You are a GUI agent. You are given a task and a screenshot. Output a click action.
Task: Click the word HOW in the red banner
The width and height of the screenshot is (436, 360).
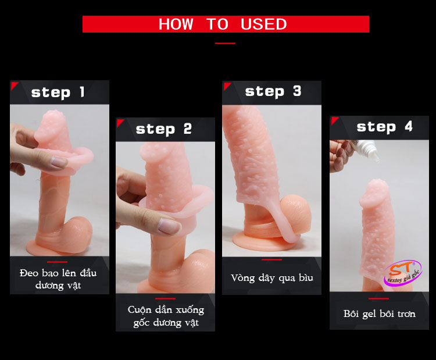coord(176,24)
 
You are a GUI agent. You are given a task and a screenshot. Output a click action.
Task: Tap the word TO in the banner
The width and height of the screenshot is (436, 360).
coord(217,24)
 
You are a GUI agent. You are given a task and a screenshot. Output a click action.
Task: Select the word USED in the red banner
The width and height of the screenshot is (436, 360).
coord(263,24)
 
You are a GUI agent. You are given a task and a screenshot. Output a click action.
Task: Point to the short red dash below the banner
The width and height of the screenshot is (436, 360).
coord(225,44)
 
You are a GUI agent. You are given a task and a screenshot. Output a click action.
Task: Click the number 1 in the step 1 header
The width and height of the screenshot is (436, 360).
coord(82,92)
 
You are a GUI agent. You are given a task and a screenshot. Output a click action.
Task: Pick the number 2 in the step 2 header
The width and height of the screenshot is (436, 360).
coord(188,129)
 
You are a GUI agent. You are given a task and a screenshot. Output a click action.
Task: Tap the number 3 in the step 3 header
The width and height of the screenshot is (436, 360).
coord(297,91)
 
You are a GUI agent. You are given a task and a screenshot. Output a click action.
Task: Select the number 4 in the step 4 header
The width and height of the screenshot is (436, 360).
coord(409,127)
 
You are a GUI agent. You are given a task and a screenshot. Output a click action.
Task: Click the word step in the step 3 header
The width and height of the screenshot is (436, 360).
coord(265,92)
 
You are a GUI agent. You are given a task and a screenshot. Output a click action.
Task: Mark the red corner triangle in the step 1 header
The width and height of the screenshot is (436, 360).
coord(13,85)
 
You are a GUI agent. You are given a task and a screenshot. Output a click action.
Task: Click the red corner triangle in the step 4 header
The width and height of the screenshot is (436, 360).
coord(334,120)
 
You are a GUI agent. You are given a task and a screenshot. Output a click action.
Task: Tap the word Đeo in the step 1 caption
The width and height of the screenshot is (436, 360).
coord(29,273)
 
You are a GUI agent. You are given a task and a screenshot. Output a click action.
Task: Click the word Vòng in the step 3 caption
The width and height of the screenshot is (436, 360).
coord(242,278)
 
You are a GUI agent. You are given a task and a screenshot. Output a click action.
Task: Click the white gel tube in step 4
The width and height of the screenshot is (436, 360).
coord(366,150)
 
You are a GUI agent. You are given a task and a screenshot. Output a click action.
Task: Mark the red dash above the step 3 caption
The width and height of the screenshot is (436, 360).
coord(271,260)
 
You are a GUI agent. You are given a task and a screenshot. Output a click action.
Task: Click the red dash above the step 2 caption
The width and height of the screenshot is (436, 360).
coord(165,298)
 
